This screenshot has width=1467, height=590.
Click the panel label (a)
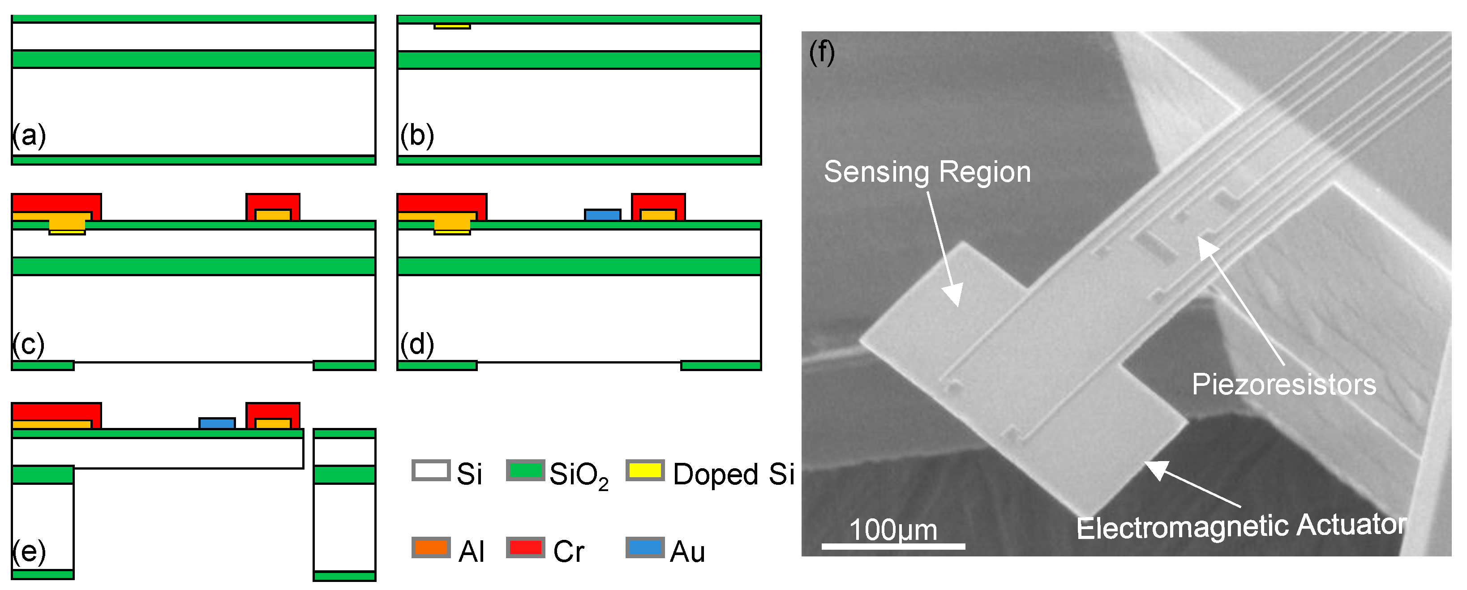29,136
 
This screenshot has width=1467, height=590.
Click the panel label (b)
417,136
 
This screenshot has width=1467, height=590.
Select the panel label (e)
29,551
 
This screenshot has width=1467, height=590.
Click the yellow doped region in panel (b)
452,26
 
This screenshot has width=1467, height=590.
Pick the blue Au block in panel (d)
602,215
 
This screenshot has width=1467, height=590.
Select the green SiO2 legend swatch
525,470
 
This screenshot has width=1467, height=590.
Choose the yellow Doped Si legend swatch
645,470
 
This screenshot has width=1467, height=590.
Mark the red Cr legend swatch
525,547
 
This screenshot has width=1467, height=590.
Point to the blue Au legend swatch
645,547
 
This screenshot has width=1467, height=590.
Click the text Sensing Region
927,172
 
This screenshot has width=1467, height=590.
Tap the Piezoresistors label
1283,385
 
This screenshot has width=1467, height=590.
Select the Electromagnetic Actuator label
1241,526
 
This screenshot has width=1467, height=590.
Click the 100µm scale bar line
893,546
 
